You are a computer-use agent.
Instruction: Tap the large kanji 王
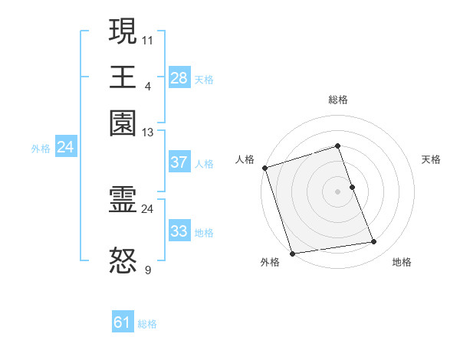point(123,77)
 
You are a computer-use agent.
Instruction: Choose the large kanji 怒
point(123,261)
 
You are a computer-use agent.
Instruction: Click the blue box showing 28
point(179,78)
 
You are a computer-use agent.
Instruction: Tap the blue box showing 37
point(179,162)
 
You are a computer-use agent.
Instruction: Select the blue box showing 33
point(179,231)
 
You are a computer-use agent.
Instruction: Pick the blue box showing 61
point(123,322)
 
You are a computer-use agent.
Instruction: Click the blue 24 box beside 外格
point(65,147)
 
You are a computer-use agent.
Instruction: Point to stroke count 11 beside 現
point(148,39)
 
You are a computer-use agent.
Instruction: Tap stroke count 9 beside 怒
point(148,270)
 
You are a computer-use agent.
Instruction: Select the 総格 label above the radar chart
point(337,100)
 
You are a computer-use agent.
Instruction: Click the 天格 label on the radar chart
point(431,159)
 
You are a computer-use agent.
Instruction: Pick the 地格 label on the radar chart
point(402,263)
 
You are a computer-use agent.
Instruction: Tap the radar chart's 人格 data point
point(264,168)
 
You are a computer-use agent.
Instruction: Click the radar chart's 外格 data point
point(292,254)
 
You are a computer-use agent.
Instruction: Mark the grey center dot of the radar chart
point(337,191)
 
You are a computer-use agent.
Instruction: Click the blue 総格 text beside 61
point(147,324)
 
